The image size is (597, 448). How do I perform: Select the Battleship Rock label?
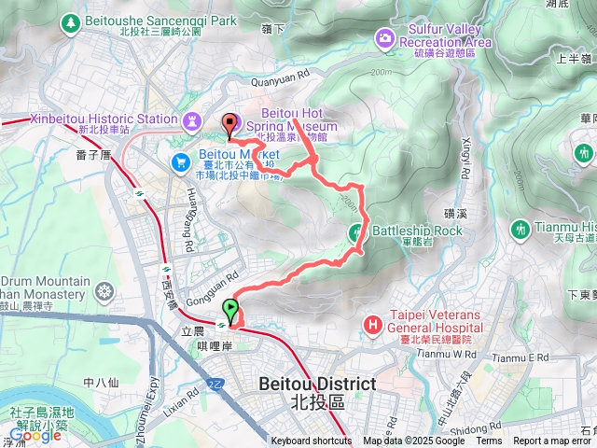click(417, 231)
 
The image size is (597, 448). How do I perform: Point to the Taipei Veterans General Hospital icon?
click(373, 325)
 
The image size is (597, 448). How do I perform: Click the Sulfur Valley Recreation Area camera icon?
click(384, 37)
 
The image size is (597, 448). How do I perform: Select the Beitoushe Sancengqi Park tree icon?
click(69, 20)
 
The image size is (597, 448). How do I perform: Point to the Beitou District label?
click(316, 384)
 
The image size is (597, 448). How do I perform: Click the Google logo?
click(35, 435)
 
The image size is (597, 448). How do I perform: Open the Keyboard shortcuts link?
click(312, 441)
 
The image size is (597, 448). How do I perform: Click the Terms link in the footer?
click(489, 441)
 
